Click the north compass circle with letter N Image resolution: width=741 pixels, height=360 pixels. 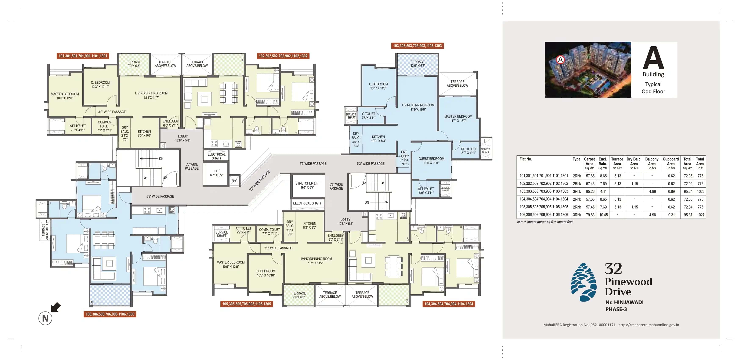pyautogui.click(x=45, y=318)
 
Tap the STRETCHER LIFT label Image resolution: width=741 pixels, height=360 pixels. pyautogui.click(x=307, y=185)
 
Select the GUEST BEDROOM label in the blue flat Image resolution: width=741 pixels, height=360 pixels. pyautogui.click(x=431, y=161)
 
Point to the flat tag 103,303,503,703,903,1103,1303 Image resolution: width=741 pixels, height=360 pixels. pyautogui.click(x=417, y=46)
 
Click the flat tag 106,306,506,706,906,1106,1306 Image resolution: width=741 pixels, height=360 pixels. pyautogui.click(x=110, y=314)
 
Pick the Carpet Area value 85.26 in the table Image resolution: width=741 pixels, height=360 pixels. pyautogui.click(x=590, y=191)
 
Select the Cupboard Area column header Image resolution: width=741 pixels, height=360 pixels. pyautogui.click(x=670, y=163)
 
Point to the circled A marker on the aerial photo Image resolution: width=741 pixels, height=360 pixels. pyautogui.click(x=560, y=60)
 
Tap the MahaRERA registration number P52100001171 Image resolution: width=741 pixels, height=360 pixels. pyautogui.click(x=603, y=325)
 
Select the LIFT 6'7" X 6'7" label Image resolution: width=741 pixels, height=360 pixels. pyautogui.click(x=217, y=173)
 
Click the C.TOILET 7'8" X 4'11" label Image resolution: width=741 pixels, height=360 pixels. pyautogui.click(x=368, y=116)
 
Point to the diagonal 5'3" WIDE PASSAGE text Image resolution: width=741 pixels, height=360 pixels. pyautogui.click(x=260, y=181)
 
